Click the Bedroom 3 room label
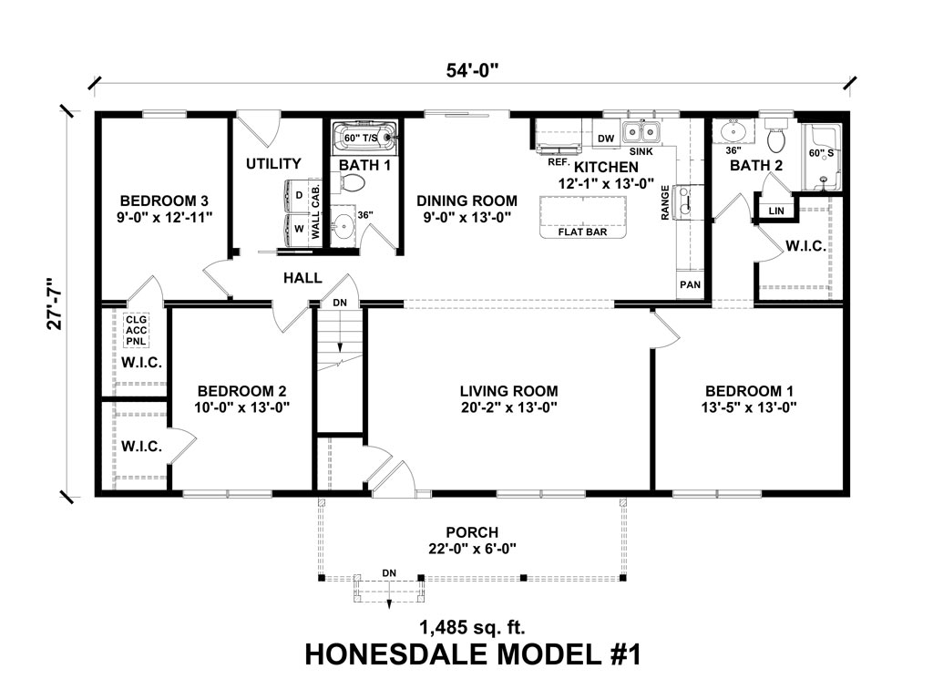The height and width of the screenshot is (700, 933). (x=159, y=201)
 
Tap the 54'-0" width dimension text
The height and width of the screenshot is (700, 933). (x=471, y=69)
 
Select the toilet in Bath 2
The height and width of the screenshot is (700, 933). (x=777, y=139)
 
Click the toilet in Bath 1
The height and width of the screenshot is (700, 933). (x=353, y=183)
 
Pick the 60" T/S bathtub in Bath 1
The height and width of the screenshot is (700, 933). (x=365, y=139)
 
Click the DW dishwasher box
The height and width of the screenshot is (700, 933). (x=604, y=138)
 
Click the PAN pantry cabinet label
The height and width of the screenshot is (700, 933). (x=689, y=285)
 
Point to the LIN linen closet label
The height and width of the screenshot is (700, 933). (x=775, y=211)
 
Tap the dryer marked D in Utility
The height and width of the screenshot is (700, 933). (x=299, y=195)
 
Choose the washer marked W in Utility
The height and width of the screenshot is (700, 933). (x=299, y=229)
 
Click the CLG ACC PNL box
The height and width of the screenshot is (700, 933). (x=137, y=330)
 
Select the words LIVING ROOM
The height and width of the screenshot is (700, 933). (x=508, y=391)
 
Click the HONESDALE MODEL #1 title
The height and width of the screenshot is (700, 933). (x=472, y=655)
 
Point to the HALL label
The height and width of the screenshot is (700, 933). (x=302, y=277)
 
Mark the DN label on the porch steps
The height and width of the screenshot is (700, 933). (x=389, y=572)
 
